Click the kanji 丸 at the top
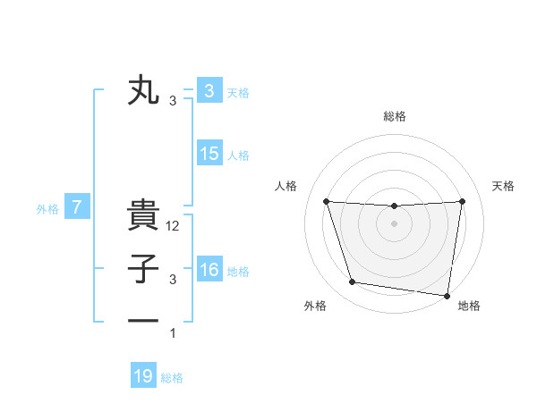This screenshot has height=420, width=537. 143,91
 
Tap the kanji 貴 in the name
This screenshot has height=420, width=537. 143,215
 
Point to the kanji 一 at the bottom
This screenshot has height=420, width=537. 143,319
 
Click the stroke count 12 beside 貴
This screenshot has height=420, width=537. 174,227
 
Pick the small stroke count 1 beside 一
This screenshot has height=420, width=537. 173,333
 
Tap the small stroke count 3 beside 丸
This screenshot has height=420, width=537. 173,101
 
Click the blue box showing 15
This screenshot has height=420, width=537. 209,154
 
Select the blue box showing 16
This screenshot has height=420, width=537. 209,270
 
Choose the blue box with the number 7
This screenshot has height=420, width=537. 77,208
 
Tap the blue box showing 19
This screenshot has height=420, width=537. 143,376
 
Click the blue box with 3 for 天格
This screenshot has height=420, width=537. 209,91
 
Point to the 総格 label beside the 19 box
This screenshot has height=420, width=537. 172,378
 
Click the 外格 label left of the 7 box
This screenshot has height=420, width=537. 47,209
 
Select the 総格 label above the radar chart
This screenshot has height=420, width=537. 394,116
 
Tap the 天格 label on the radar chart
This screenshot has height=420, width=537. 503,186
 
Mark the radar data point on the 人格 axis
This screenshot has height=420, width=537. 326,201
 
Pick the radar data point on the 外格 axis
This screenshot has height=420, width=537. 352,282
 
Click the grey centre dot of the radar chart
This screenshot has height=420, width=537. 394,223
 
